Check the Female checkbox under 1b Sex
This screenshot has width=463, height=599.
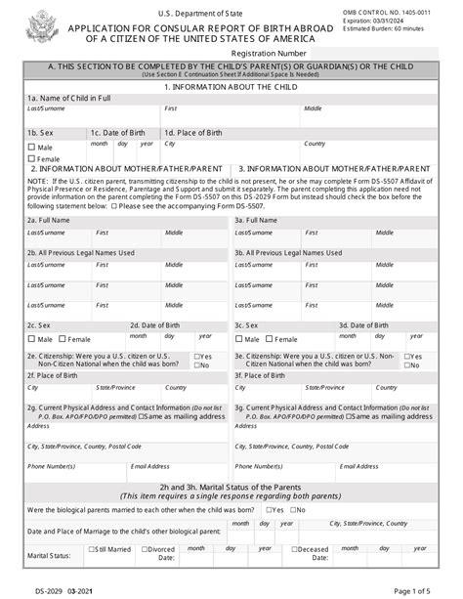(x=32, y=157)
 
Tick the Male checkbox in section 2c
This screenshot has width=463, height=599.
(x=32, y=339)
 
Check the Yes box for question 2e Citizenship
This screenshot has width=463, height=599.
(x=198, y=357)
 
